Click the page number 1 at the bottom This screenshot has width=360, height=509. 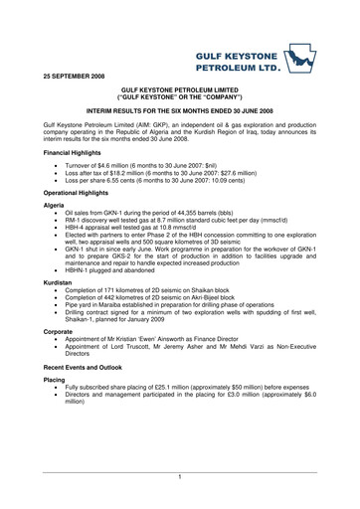[x=180, y=478]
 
